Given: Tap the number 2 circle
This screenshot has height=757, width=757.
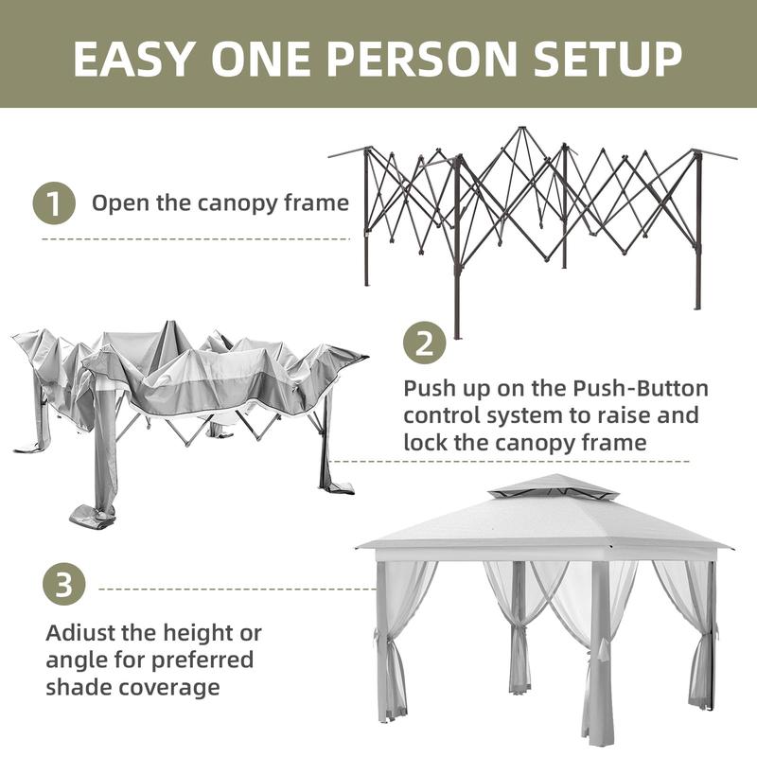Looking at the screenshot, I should [425, 343].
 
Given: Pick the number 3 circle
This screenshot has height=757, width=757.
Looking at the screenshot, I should [63, 585].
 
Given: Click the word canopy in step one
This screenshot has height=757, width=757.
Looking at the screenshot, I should [232, 203].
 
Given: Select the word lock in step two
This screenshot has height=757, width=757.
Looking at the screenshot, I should [424, 442].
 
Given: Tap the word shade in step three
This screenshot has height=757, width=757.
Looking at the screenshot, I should [80, 686].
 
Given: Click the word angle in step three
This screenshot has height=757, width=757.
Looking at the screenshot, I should [80, 660].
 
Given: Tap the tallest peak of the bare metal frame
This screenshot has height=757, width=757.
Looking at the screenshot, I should [519, 130].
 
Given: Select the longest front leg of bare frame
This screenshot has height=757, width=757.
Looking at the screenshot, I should [456, 255].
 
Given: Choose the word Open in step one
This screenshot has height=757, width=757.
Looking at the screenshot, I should [115, 203].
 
